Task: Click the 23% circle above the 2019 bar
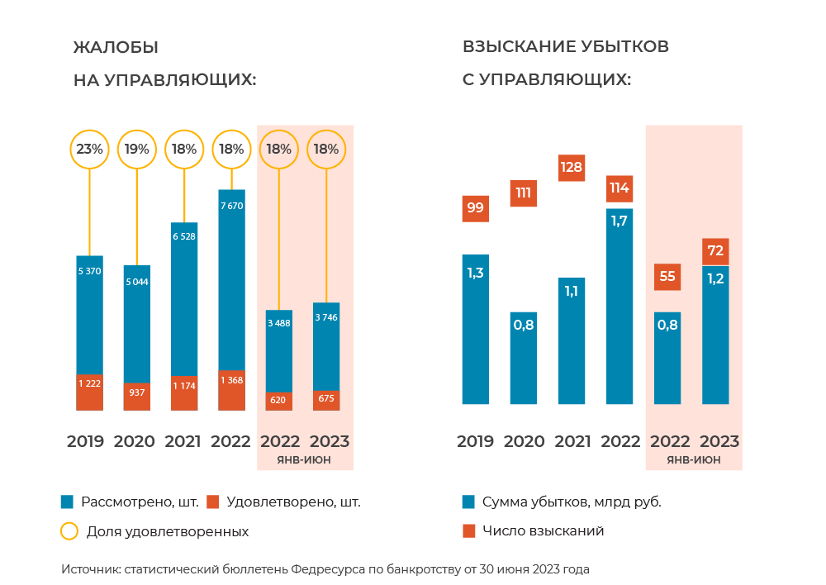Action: click(x=89, y=150)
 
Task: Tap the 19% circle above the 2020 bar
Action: click(x=137, y=150)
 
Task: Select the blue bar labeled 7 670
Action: click(x=231, y=281)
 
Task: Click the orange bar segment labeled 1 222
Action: click(x=89, y=392)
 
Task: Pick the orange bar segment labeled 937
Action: click(x=137, y=396)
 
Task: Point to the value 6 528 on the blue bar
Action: click(x=183, y=236)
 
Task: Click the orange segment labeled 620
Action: click(x=279, y=401)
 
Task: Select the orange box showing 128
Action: click(x=572, y=167)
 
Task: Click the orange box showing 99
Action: click(x=475, y=207)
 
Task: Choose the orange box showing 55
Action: click(x=667, y=276)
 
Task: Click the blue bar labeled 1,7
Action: click(x=619, y=306)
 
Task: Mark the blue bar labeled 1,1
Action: click(x=572, y=340)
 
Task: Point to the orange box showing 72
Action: click(x=715, y=250)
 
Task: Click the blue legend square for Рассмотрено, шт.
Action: click(x=68, y=502)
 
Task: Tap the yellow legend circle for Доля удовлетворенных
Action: click(x=69, y=531)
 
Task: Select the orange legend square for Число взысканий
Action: click(x=468, y=530)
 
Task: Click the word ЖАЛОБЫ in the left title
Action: click(x=116, y=47)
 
